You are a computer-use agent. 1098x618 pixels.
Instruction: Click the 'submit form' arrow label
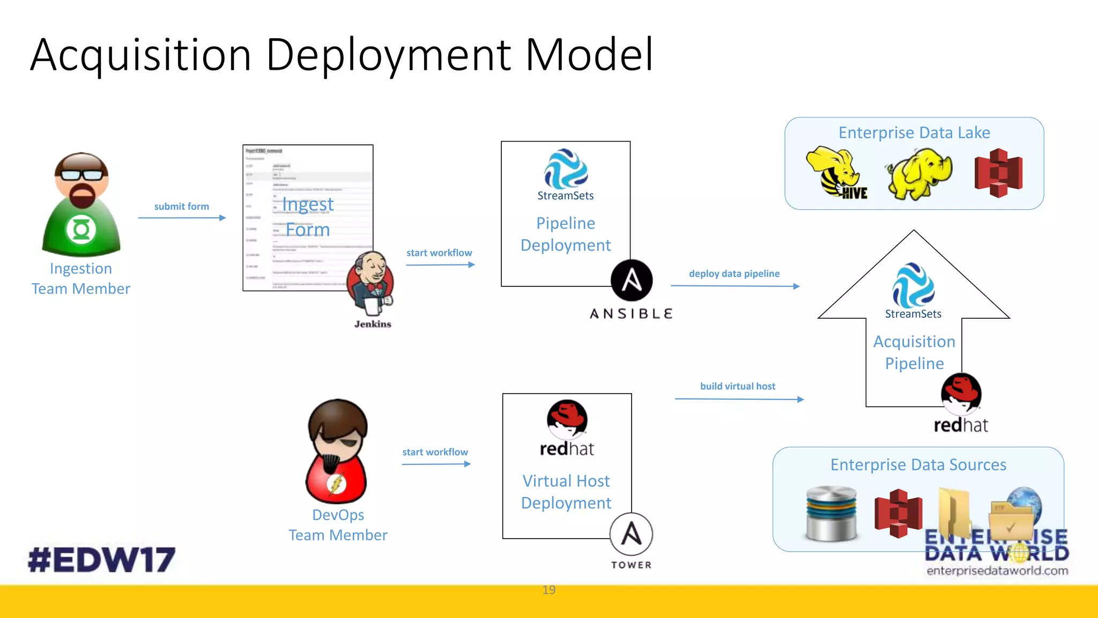click(x=181, y=207)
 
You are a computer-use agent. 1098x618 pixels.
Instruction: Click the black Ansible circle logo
click(x=632, y=281)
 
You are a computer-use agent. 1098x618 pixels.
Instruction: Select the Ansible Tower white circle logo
click(x=631, y=534)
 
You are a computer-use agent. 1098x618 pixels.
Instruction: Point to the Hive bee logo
click(x=836, y=173)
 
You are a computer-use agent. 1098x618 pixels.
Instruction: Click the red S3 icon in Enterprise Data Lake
click(x=998, y=173)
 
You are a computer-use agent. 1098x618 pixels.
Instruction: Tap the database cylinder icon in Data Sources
click(x=831, y=514)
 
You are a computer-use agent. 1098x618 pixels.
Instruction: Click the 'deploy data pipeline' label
click(x=734, y=274)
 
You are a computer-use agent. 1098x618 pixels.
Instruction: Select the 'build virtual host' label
click(x=737, y=386)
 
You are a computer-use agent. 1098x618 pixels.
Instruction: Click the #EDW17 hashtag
click(x=102, y=560)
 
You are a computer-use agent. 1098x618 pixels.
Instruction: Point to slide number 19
click(x=548, y=590)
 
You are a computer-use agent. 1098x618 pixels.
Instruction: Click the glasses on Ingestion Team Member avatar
click(x=81, y=175)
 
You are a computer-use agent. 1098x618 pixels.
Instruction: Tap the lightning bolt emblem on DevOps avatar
click(x=337, y=484)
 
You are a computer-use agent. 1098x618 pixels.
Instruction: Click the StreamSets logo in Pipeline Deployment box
click(x=566, y=170)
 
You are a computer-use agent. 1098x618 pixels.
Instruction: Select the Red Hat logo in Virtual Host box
click(x=567, y=418)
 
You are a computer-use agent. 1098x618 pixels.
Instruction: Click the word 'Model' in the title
click(x=589, y=55)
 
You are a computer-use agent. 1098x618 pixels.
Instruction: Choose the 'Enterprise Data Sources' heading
click(x=918, y=465)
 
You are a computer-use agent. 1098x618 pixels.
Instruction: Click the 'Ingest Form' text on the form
click(x=308, y=217)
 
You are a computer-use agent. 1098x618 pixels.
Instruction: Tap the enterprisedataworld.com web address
click(x=997, y=571)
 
